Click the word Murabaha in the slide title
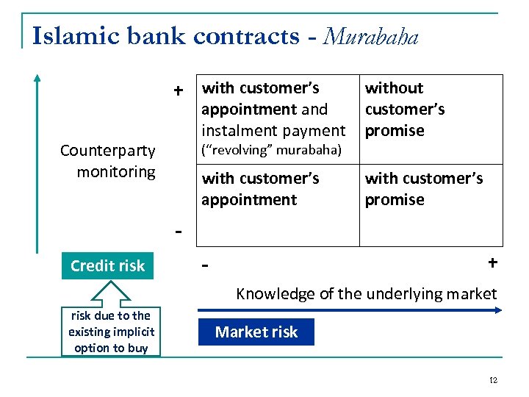coord(370,36)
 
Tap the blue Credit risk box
coord(108,265)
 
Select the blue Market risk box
coord(256,332)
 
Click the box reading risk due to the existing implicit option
coord(111,332)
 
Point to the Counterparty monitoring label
coord(107,161)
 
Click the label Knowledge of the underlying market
coord(366,294)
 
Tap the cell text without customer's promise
coord(405,109)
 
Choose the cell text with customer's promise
coord(424,188)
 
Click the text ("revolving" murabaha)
coord(272,151)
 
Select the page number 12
coord(493,380)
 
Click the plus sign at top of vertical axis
coord(178,90)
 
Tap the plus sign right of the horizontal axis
coord(492,263)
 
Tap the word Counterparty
coord(107,151)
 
